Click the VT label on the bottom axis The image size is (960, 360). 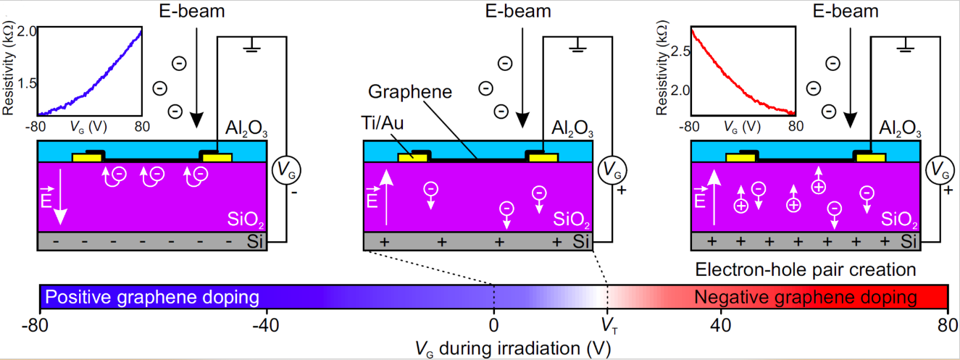[x=607, y=324]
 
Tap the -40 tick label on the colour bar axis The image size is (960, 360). [x=267, y=324]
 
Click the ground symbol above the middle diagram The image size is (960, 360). [x=577, y=49]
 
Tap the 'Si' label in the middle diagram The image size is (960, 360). [x=581, y=241]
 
